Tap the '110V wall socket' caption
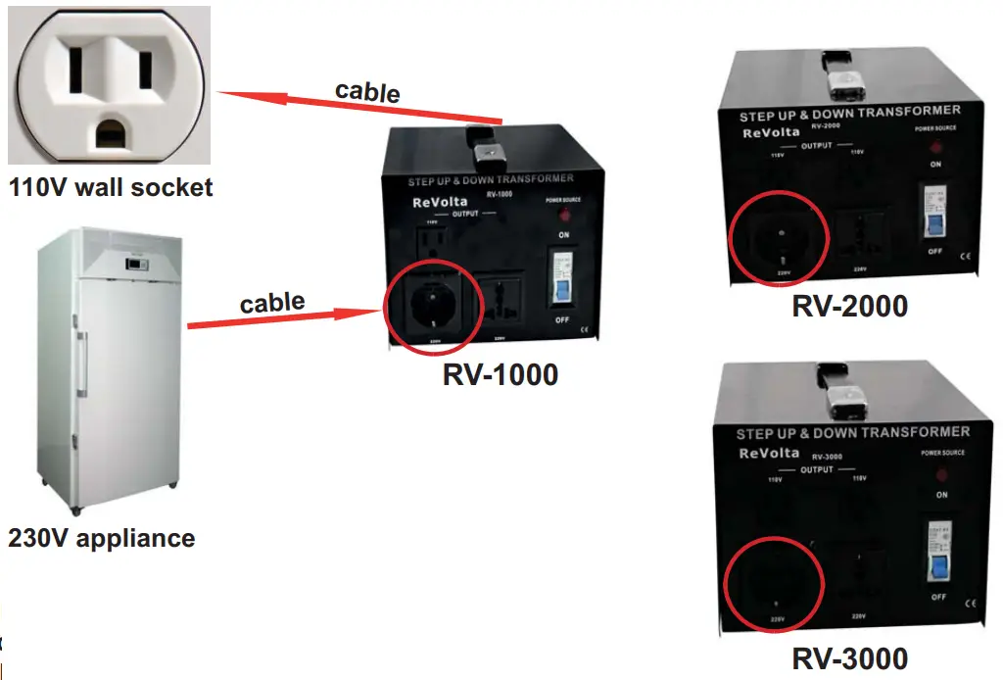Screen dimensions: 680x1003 (110, 186)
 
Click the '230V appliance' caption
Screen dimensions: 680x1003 (102, 538)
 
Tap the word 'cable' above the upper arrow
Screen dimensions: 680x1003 (367, 91)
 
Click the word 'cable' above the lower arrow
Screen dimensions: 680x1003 (272, 302)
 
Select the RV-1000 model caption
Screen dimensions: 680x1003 (501, 374)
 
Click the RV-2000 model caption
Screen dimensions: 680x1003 (849, 306)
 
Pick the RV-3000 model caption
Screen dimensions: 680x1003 (849, 657)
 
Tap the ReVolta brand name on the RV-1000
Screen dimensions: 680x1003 (426, 205)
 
